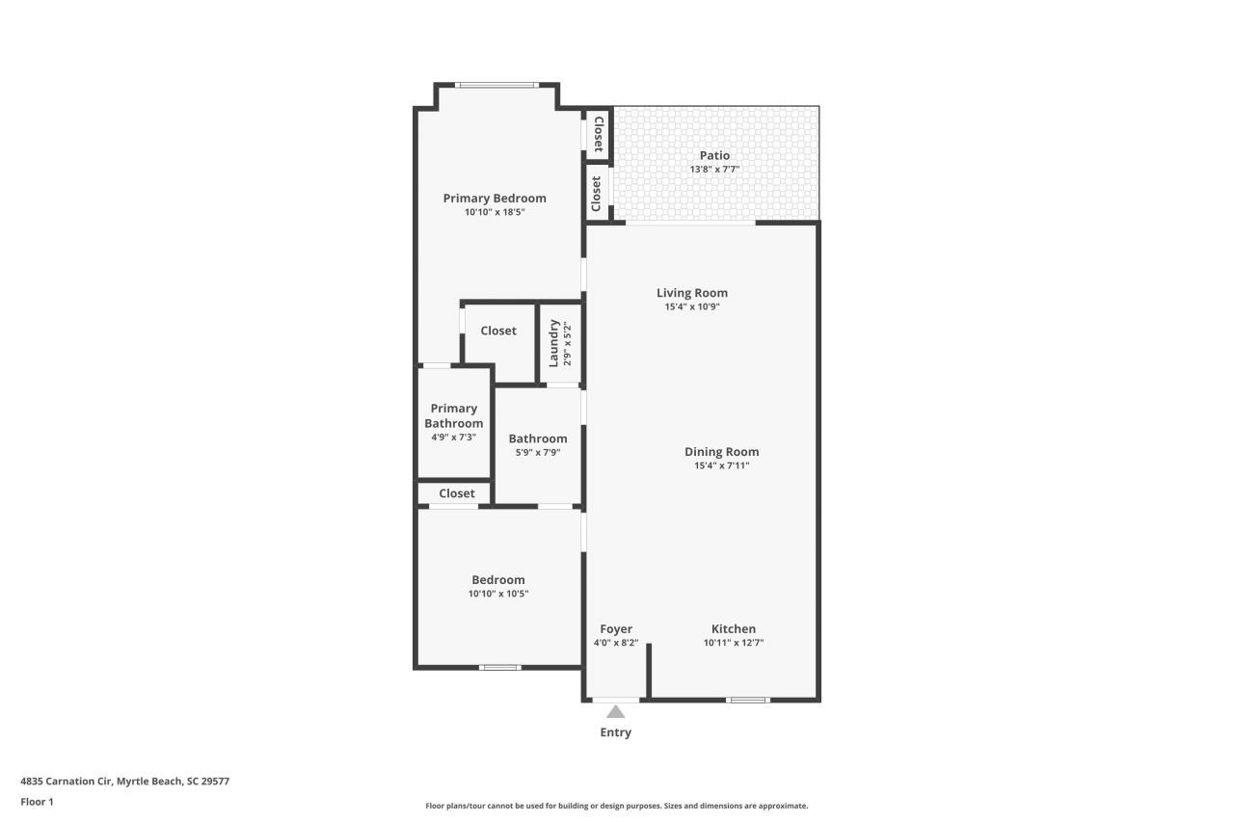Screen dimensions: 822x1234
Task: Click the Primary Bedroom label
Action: pyautogui.click(x=495, y=199)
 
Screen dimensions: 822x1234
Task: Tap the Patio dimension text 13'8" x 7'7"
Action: pyautogui.click(x=714, y=170)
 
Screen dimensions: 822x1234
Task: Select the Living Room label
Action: pyautogui.click(x=692, y=293)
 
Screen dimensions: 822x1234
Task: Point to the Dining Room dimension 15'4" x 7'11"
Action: pyautogui.click(x=721, y=465)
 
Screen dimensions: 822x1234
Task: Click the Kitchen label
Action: pyautogui.click(x=734, y=629)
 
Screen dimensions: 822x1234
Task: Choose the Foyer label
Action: pyautogui.click(x=616, y=629)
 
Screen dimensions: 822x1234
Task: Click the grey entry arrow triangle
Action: pyautogui.click(x=615, y=712)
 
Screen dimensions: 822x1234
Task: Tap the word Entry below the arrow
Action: pyautogui.click(x=615, y=732)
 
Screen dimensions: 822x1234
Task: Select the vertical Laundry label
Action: pyautogui.click(x=554, y=343)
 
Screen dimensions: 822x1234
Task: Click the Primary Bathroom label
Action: pyautogui.click(x=454, y=415)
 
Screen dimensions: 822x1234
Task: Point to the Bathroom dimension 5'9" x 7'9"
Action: pyautogui.click(x=538, y=452)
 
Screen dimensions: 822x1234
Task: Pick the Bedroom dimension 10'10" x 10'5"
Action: pyautogui.click(x=498, y=594)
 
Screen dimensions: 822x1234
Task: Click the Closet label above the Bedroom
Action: pyautogui.click(x=457, y=493)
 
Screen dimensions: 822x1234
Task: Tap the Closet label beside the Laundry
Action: pyautogui.click(x=498, y=331)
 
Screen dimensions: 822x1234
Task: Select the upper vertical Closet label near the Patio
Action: pyautogui.click(x=599, y=135)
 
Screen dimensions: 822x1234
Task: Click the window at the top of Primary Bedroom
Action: pyautogui.click(x=497, y=86)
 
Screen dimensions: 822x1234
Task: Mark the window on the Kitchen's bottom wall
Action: pyautogui.click(x=748, y=700)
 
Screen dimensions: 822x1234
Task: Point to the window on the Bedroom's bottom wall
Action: pyautogui.click(x=500, y=667)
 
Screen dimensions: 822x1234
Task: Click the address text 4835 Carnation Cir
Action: pyautogui.click(x=124, y=782)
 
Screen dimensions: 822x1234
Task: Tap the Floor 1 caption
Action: pyautogui.click(x=37, y=802)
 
